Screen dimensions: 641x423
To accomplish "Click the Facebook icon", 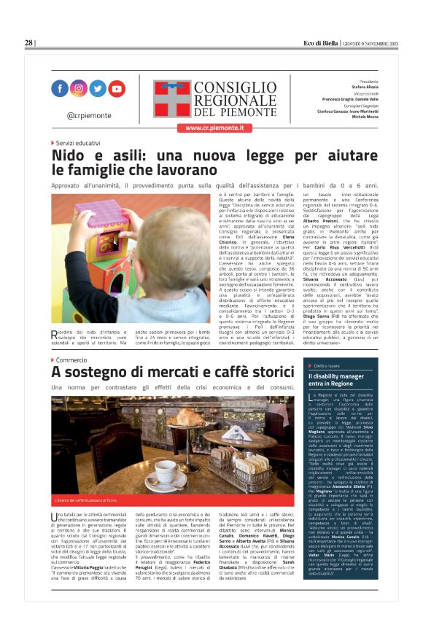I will coord(60,88).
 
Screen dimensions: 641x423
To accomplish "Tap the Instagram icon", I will coord(79,88).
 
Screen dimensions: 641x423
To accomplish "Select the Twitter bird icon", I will coord(98,88).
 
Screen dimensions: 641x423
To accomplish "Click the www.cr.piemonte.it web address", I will coord(211,128).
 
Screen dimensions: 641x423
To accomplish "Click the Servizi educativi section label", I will coord(78,143).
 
